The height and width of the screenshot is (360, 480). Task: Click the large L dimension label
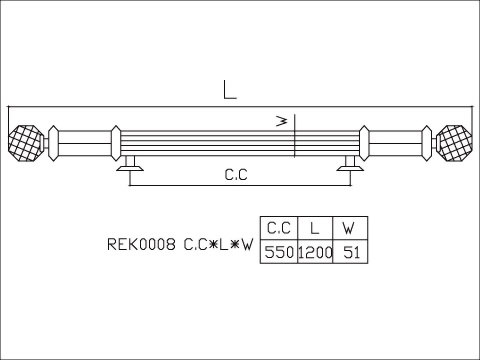point(230,90)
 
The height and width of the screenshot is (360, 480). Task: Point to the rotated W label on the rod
point(283,122)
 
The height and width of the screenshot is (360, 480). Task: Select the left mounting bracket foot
point(129,172)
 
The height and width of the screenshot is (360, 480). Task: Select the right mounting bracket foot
point(350,172)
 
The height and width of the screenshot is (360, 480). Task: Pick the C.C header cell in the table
point(278,226)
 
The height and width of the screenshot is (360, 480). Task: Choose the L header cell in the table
point(315,226)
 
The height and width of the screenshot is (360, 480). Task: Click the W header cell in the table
point(348,226)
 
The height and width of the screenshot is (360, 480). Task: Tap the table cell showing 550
point(278,253)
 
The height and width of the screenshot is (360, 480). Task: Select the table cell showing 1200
point(315,253)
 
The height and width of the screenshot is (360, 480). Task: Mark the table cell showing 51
point(348,253)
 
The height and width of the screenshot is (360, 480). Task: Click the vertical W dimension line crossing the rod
point(296,140)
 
